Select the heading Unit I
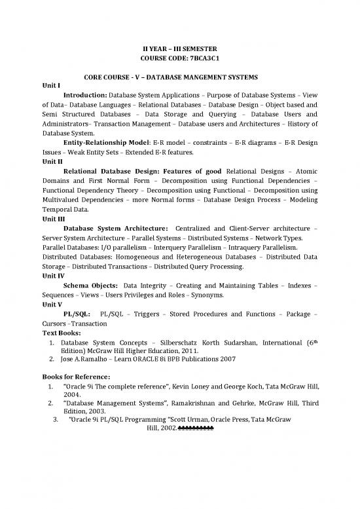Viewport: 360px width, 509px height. click(51, 85)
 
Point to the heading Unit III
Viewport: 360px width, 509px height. click(54, 220)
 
